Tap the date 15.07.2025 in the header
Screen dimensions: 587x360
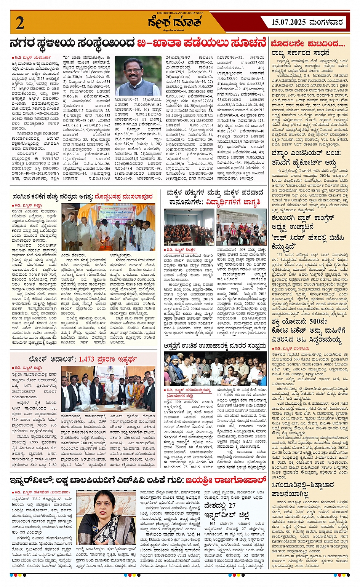(x=289, y=22)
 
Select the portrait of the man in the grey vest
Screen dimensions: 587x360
(x=138, y=76)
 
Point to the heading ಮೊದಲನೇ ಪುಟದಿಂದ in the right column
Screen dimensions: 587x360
(x=308, y=43)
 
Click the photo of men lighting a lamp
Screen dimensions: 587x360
(x=109, y=227)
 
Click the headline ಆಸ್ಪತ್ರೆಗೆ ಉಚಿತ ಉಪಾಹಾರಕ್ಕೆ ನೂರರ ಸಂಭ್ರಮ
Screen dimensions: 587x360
(x=215, y=346)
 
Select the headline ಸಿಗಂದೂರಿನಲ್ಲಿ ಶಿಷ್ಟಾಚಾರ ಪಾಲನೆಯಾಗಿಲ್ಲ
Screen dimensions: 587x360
(x=303, y=490)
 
